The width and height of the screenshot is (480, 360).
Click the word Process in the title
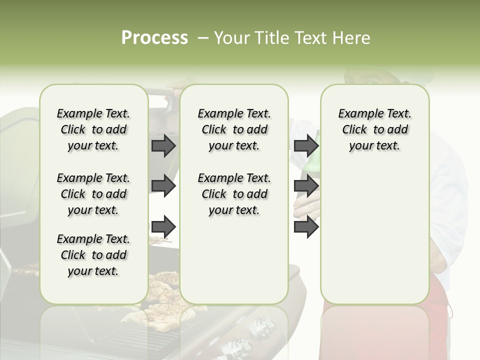pyautogui.click(x=154, y=38)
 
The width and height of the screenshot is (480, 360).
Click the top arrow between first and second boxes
pyautogui.click(x=163, y=146)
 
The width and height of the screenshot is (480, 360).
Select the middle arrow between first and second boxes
pyautogui.click(x=163, y=186)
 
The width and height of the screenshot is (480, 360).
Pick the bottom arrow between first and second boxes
pyautogui.click(x=163, y=227)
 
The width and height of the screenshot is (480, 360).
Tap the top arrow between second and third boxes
pyautogui.click(x=306, y=146)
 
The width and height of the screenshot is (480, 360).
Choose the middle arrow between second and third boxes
pyautogui.click(x=306, y=186)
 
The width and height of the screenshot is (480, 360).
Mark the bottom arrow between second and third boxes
pyautogui.click(x=306, y=227)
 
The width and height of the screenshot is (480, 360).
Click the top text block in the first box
pyautogui.click(x=93, y=129)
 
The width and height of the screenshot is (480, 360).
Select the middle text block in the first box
pyautogui.click(x=93, y=194)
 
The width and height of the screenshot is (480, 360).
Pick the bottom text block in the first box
pyautogui.click(x=93, y=255)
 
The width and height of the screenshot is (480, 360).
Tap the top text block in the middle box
pyautogui.click(x=234, y=129)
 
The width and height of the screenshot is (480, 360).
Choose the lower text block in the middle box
pyautogui.click(x=234, y=194)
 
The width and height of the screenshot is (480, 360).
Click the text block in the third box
pyautogui.click(x=374, y=129)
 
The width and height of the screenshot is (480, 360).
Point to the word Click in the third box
pyautogui.click(x=354, y=130)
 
